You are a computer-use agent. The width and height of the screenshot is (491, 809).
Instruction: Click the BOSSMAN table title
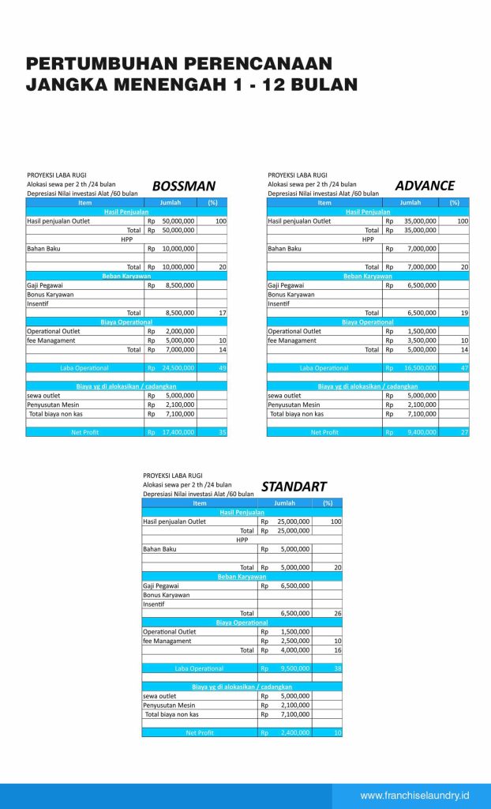(183, 186)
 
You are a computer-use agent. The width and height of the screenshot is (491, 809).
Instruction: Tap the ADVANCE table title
(425, 186)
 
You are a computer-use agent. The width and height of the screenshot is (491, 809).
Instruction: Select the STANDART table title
(294, 487)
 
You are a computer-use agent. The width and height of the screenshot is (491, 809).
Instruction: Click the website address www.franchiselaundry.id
(414, 796)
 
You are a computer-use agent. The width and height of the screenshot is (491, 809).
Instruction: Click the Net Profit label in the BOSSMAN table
(84, 432)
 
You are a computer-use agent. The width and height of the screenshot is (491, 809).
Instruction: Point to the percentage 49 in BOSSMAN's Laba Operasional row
(223, 367)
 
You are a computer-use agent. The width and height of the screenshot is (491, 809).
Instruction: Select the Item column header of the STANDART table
(199, 502)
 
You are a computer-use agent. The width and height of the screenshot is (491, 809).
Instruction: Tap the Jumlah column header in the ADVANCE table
(410, 202)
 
